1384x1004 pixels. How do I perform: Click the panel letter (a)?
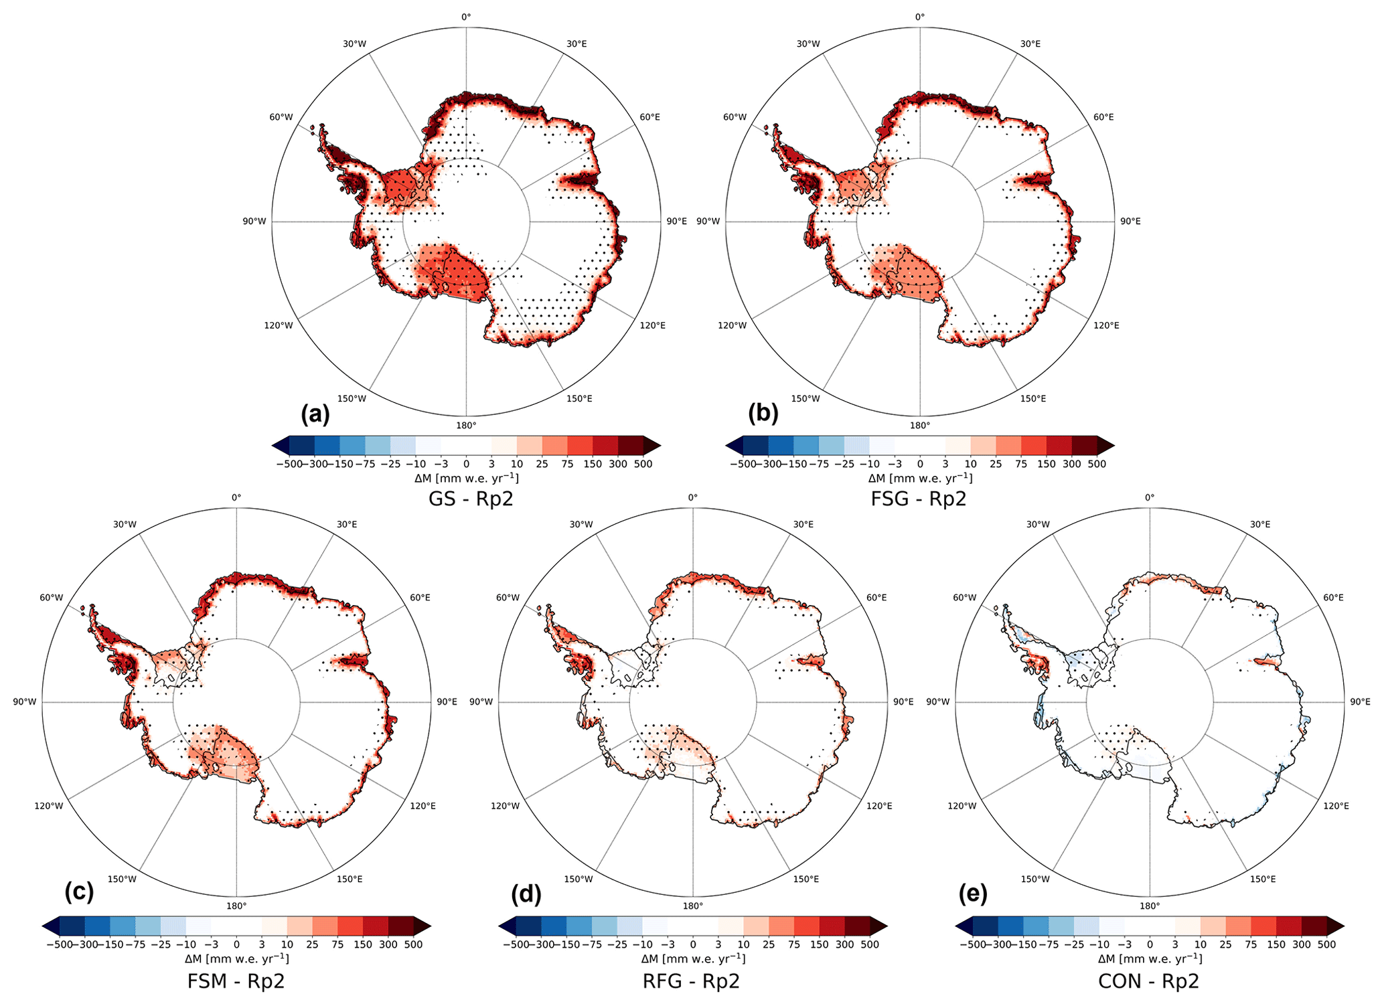click(x=315, y=414)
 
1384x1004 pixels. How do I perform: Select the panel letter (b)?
click(x=763, y=414)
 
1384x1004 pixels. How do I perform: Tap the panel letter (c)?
click(x=79, y=892)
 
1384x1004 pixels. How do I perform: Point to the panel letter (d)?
click(x=526, y=894)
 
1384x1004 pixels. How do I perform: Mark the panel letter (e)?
click(x=973, y=894)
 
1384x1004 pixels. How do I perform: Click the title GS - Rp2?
click(x=471, y=499)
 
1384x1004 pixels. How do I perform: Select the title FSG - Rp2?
click(x=919, y=499)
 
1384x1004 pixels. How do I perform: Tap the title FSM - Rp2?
click(x=236, y=981)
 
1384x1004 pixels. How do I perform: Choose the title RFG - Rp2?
click(x=691, y=981)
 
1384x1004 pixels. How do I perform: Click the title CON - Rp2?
click(x=1148, y=981)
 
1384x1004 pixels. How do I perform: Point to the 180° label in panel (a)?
click(x=466, y=426)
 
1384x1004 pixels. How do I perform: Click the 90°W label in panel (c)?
click(x=24, y=701)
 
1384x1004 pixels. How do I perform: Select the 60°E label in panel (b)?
click(x=1103, y=117)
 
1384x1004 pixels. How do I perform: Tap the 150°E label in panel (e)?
click(x=1263, y=879)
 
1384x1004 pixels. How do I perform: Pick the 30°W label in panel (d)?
click(x=581, y=524)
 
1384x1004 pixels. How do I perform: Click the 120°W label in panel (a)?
click(x=279, y=325)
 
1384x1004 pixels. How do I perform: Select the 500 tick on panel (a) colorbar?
click(x=643, y=464)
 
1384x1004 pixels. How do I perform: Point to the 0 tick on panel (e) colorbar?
click(x=1150, y=944)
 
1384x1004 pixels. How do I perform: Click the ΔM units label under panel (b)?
click(x=920, y=478)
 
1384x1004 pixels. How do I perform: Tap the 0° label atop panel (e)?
click(x=1150, y=497)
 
